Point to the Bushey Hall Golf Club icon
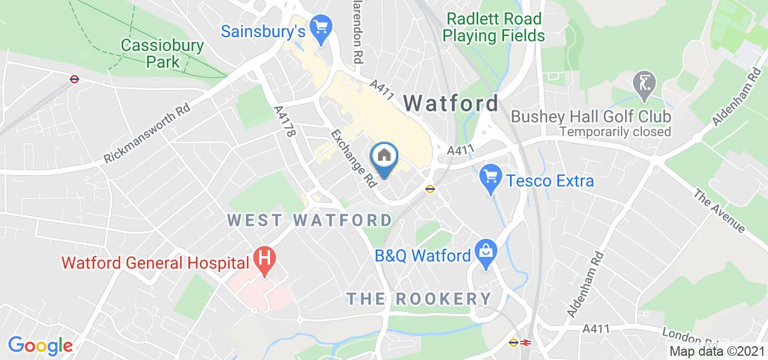(646, 83)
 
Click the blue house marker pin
(385, 157)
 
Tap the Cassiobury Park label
(162, 53)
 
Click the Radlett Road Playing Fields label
(493, 27)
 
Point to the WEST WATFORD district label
(310, 220)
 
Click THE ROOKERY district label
(419, 298)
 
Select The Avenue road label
(719, 211)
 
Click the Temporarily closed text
(616, 131)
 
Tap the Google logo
(40, 345)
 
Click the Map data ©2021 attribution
(716, 351)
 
